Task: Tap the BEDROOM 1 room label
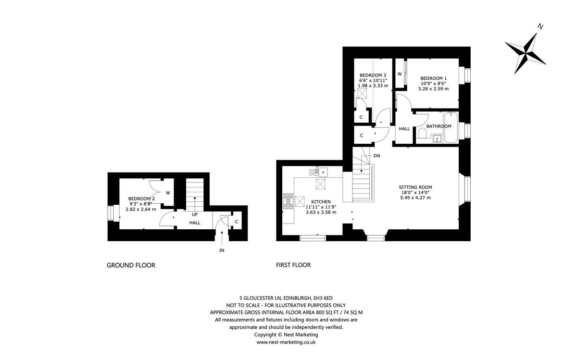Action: (434, 78)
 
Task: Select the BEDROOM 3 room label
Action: (373, 75)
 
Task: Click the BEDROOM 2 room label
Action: (141, 199)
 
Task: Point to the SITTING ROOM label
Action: (415, 187)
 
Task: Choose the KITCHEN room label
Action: (321, 201)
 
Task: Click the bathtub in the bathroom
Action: (451, 127)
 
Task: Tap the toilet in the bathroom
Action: (422, 133)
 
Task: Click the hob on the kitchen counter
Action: (288, 201)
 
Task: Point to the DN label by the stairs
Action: (376, 156)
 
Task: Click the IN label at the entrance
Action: (222, 250)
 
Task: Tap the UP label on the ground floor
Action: (195, 214)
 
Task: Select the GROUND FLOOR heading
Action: (131, 265)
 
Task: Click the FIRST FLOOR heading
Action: (293, 265)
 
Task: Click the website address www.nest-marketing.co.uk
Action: (286, 342)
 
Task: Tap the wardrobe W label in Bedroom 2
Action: (168, 193)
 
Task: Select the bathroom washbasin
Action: (437, 139)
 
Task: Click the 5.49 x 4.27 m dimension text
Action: (415, 198)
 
